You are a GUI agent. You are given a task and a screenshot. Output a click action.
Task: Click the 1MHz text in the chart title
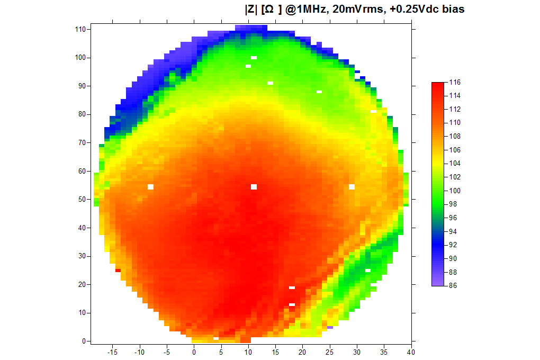309,9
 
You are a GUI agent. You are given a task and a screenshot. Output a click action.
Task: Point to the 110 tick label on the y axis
80,29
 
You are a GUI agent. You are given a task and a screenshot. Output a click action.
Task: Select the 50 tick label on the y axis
82,200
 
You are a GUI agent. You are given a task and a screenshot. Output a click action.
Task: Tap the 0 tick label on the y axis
84,341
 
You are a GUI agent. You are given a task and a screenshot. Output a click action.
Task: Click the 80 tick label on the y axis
82,114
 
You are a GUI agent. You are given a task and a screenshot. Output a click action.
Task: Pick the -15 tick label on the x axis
112,352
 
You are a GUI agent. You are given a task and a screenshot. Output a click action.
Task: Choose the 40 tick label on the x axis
411,352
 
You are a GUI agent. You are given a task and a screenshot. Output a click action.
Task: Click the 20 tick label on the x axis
302,352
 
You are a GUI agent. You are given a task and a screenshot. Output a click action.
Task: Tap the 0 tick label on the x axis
194,352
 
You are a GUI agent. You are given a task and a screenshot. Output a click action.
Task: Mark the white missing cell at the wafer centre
254,187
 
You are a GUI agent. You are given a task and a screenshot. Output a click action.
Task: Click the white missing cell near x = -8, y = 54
150,187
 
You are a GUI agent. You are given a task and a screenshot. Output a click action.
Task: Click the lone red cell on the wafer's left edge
118,271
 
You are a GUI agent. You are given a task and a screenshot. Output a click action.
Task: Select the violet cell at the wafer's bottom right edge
330,327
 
